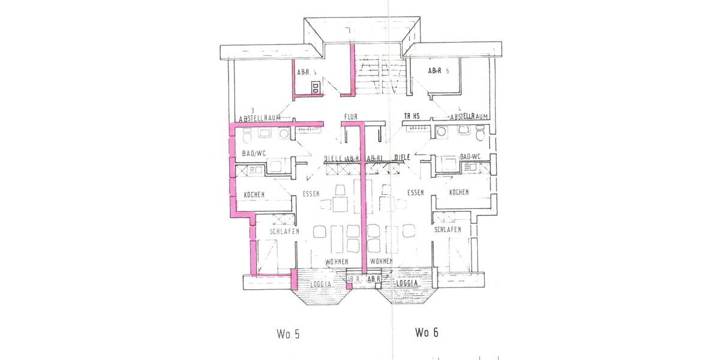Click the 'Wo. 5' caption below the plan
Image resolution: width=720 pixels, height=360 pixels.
click(x=288, y=334)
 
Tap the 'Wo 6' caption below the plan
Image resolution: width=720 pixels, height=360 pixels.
click(x=426, y=332)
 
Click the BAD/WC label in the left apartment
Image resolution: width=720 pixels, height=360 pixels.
click(x=253, y=154)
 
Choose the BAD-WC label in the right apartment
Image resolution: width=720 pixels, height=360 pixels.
click(x=470, y=157)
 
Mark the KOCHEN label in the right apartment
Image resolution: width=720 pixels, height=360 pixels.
click(x=458, y=192)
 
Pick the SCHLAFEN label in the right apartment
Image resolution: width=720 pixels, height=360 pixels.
click(x=448, y=230)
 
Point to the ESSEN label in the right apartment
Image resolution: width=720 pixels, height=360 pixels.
click(x=415, y=193)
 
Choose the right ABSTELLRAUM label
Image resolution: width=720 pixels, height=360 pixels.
click(x=469, y=116)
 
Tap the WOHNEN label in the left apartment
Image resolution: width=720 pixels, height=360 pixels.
click(x=337, y=262)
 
